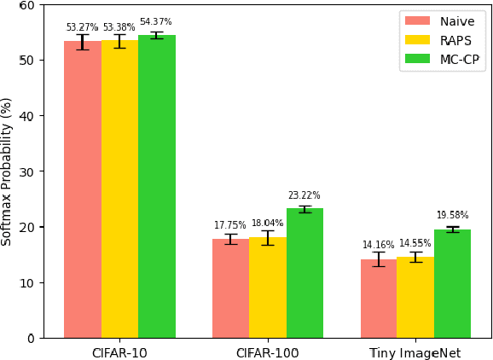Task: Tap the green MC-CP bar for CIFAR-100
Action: pyautogui.click(x=304, y=273)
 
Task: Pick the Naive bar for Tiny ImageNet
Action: pyautogui.click(x=379, y=299)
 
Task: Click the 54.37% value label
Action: pyautogui.click(x=156, y=22)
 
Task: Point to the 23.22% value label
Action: pyautogui.click(x=304, y=195)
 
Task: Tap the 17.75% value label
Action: pyautogui.click(x=230, y=225)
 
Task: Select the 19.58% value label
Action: pyautogui.click(x=453, y=215)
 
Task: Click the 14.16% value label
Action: pyautogui.click(x=379, y=245)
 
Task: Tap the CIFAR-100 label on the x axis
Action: pyautogui.click(x=267, y=352)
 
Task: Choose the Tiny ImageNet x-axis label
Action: pyautogui.click(x=415, y=352)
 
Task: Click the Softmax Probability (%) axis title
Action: pyautogui.click(x=8, y=171)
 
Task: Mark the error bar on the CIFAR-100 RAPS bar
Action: pyautogui.click(x=267, y=237)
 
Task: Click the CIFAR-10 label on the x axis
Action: pyautogui.click(x=119, y=352)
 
